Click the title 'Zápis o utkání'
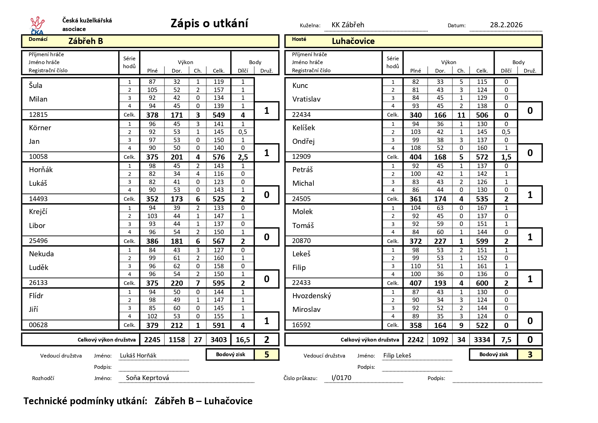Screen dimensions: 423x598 pos(209,24)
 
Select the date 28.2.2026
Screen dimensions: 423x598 pos(506,25)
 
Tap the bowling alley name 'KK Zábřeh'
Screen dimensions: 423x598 pos(348,25)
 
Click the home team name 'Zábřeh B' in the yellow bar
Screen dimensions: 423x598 pos(86,41)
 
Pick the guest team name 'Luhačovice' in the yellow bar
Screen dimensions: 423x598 pos(353,41)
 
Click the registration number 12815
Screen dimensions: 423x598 pos(38,115)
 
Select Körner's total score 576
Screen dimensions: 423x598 pos(218,157)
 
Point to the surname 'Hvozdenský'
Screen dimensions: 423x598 pos(311,296)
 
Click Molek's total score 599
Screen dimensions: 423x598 pos(482,241)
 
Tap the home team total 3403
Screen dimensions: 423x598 pos(218,340)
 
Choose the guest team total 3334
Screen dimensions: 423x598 pos(482,340)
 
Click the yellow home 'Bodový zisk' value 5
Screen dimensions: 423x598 pos(266,355)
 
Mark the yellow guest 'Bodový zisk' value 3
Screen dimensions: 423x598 pos(530,355)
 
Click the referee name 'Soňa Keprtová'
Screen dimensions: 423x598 pos(147,378)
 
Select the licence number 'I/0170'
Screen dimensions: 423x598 pos(341,378)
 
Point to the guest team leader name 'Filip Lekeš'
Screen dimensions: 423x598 pos(397,356)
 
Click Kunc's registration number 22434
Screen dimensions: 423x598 pos(301,115)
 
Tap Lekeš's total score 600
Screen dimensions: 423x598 pos(482,283)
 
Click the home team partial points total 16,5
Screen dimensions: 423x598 pos(243,340)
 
